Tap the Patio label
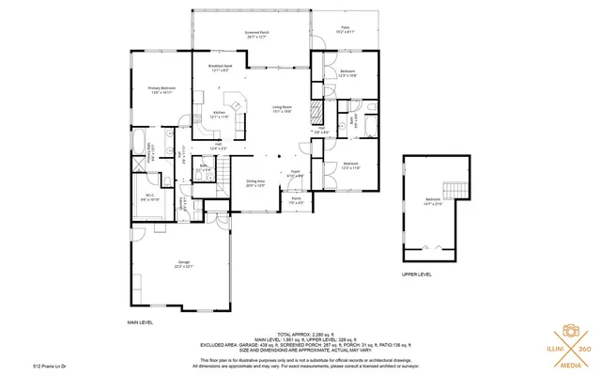coord(344,29)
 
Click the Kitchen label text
coord(219,114)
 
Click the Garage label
coord(182,265)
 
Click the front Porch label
coord(296,200)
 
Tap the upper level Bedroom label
coord(433,200)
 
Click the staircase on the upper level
coord(456,187)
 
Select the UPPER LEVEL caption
coord(417,275)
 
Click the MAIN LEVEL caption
coord(140,321)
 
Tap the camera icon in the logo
coord(568,332)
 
